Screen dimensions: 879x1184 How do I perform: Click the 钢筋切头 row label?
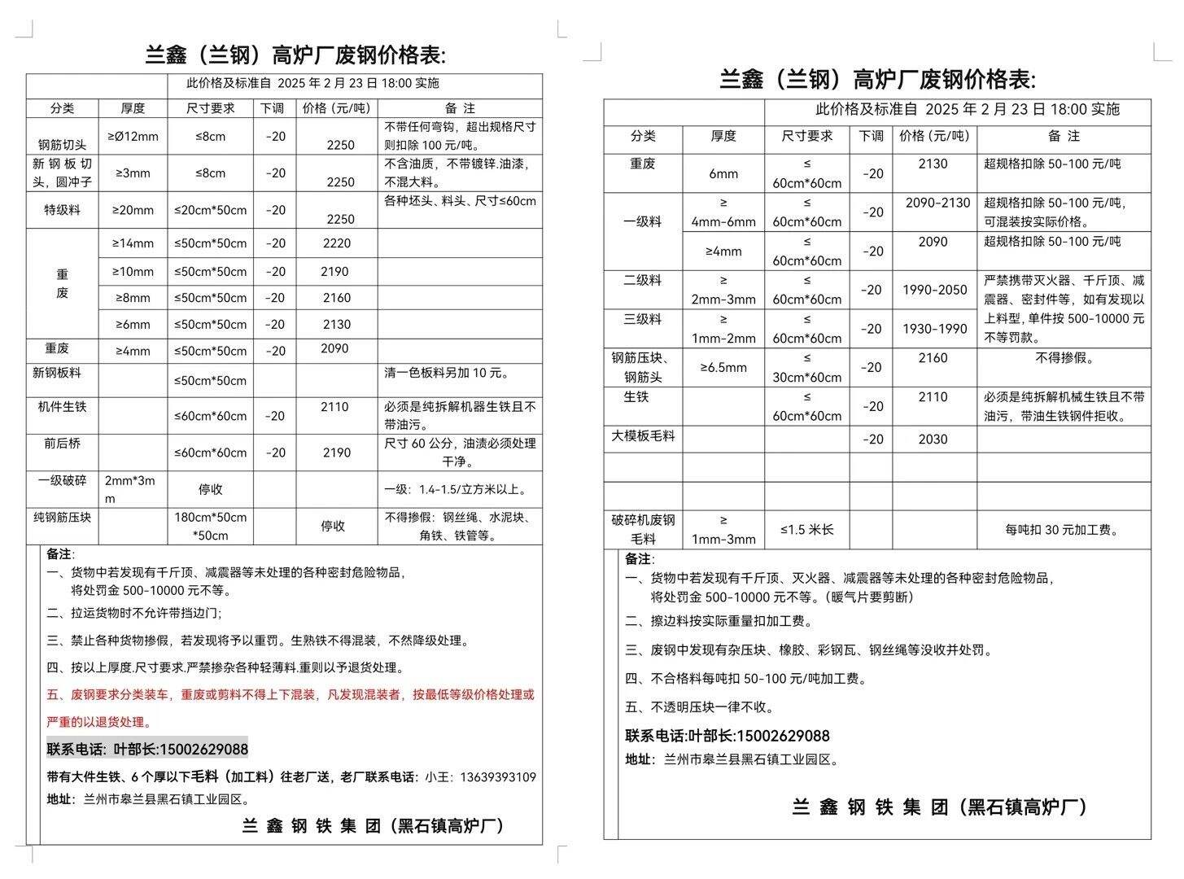click(x=62, y=145)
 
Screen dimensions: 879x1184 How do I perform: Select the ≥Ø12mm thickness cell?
click(x=133, y=136)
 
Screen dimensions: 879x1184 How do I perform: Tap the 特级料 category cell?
click(x=62, y=210)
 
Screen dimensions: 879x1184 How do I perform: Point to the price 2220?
click(x=337, y=243)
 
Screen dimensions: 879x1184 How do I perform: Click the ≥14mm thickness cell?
click(x=133, y=243)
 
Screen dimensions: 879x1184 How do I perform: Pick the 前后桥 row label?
click(x=62, y=444)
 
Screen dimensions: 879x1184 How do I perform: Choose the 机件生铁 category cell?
click(x=62, y=406)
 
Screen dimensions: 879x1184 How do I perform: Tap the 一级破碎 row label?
click(x=62, y=480)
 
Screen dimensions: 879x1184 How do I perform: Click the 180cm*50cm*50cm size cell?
click(x=210, y=526)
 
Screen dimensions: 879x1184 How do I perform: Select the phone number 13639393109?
click(x=497, y=777)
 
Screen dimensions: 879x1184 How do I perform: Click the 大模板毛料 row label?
click(x=643, y=436)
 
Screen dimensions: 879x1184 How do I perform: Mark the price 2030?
click(x=933, y=439)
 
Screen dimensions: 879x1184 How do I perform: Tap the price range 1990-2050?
click(x=934, y=290)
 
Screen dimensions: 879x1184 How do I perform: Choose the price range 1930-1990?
click(x=934, y=329)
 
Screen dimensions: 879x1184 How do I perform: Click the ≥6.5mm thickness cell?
click(x=723, y=367)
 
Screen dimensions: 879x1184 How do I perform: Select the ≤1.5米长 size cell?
click(x=806, y=530)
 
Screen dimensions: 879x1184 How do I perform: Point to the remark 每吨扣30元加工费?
click(x=1063, y=530)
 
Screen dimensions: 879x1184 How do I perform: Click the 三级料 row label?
click(x=643, y=319)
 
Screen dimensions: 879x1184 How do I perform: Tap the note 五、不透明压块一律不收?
click(x=700, y=707)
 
